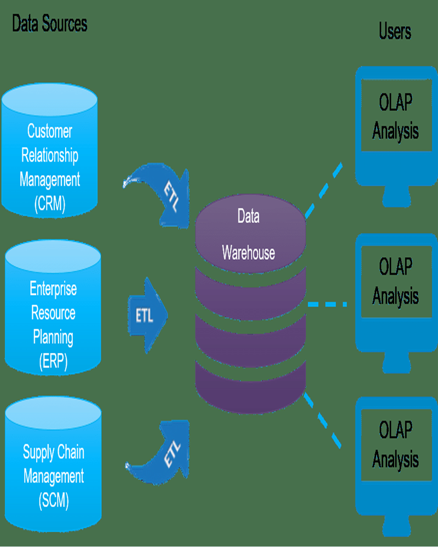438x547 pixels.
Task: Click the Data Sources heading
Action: click(50, 24)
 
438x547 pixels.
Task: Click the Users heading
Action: click(395, 31)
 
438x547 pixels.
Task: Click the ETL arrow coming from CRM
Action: click(164, 191)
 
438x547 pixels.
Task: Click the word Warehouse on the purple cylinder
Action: click(248, 253)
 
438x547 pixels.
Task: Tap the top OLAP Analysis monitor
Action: click(395, 126)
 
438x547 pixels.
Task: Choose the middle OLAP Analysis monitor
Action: click(395, 290)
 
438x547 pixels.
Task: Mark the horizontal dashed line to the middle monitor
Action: click(327, 304)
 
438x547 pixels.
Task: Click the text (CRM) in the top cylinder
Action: click(50, 203)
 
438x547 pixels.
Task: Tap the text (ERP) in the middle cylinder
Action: click(53, 362)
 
